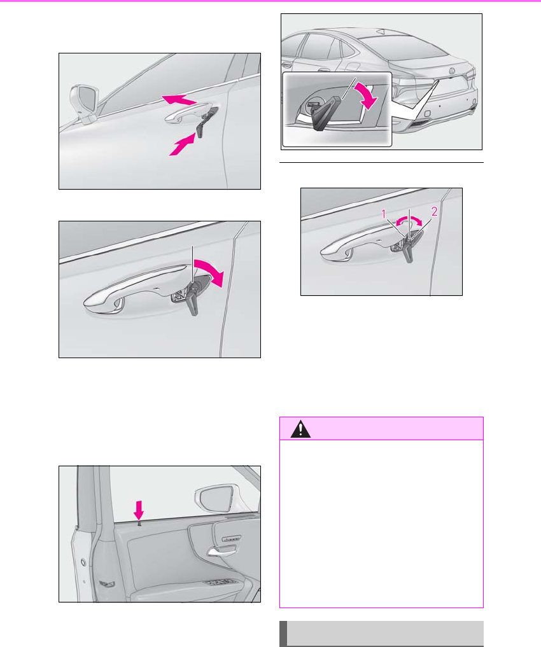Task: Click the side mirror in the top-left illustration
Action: click(85, 104)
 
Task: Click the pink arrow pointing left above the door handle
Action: click(178, 99)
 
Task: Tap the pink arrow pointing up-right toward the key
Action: click(181, 144)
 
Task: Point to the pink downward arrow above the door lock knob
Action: click(139, 510)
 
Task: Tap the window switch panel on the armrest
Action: click(221, 583)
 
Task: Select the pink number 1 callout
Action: click(384, 214)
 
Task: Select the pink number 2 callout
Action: click(434, 212)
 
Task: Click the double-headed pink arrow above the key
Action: click(409, 221)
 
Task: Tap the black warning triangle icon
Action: click(300, 429)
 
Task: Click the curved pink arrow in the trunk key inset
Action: click(368, 95)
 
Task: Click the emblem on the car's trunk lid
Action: click(451, 71)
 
